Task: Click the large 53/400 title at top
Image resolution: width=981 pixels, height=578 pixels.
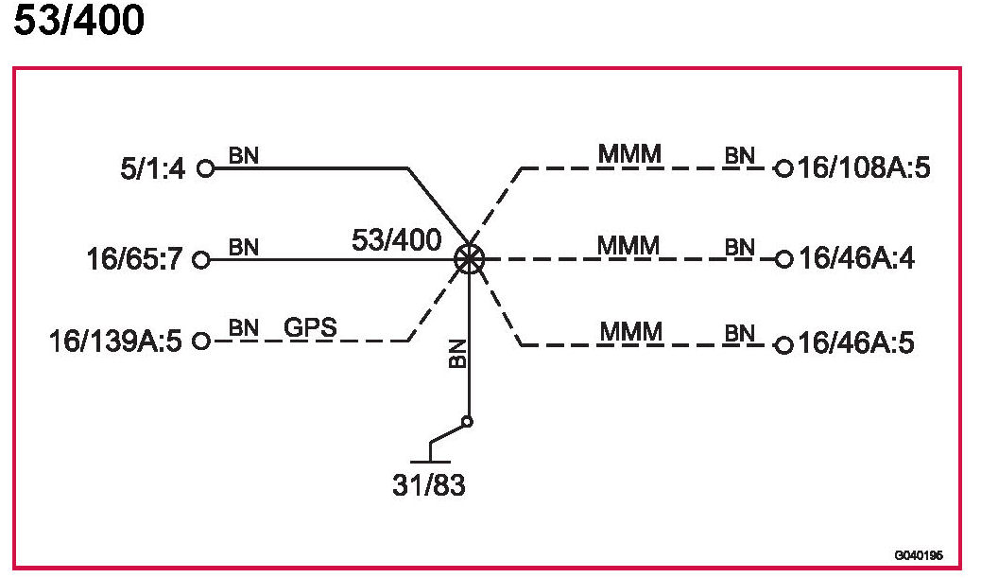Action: pos(79,21)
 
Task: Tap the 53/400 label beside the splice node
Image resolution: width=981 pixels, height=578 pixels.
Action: pos(396,240)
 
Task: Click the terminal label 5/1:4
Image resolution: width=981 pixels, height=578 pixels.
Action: pos(151,169)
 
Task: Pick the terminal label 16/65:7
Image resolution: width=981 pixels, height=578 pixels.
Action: pos(136,259)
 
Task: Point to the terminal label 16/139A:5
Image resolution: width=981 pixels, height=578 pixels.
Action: pos(115,341)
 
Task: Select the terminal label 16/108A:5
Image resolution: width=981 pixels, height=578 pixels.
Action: pos(865,169)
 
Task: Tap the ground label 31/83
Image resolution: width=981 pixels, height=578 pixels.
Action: pos(429,486)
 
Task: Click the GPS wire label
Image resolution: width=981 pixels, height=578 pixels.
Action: pos(311,328)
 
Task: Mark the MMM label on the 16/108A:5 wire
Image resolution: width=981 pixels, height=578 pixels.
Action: pos(628,153)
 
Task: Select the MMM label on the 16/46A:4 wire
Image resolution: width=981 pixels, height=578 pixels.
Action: pos(628,245)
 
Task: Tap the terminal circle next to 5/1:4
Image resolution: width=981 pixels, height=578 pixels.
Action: pos(205,169)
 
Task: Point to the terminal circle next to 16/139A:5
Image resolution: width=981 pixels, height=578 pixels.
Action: pos(200,341)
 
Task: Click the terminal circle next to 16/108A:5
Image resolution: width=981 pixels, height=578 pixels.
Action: pos(783,169)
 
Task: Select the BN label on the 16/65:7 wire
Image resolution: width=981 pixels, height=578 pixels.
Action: pos(243,246)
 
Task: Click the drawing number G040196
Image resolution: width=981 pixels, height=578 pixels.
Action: pos(919,556)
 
